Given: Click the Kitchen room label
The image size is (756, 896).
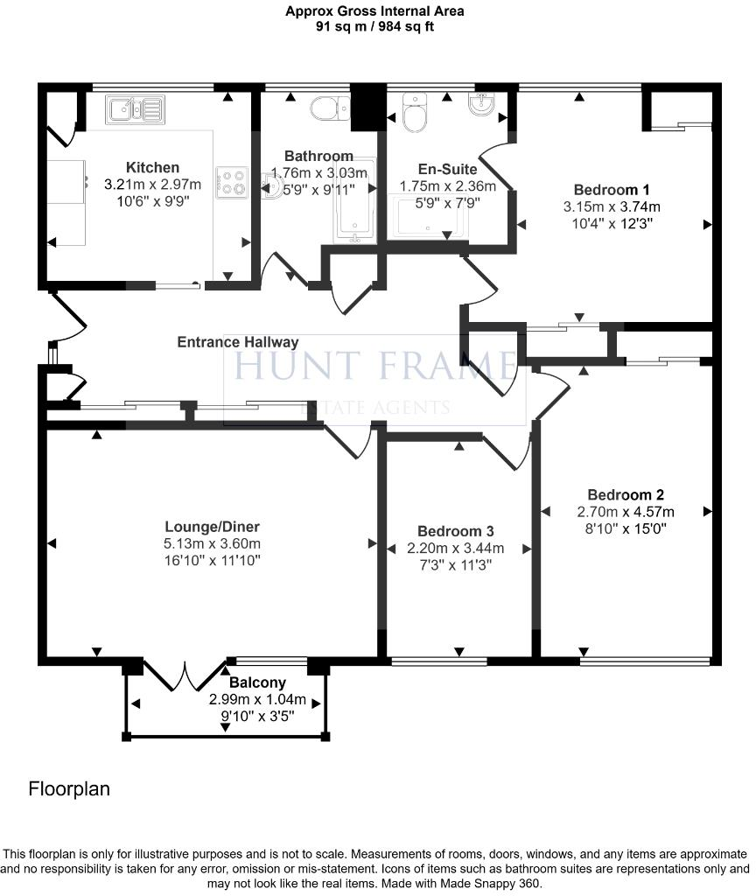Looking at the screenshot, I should point(152,168).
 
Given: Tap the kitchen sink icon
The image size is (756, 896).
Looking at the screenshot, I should point(135,110).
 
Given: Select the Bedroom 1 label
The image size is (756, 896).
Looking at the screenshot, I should point(612,190).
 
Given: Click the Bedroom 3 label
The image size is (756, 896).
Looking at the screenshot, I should point(455,531).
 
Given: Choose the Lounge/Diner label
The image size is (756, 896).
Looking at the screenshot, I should point(212,527).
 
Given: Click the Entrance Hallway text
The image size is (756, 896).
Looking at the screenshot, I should point(237,342).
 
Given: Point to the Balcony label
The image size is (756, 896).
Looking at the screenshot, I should point(257,682).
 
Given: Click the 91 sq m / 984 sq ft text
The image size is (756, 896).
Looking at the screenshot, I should point(374,26).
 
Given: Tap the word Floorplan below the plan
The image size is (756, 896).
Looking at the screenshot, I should point(69,789).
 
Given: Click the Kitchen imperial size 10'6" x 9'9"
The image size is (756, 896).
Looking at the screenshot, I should point(152,200).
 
